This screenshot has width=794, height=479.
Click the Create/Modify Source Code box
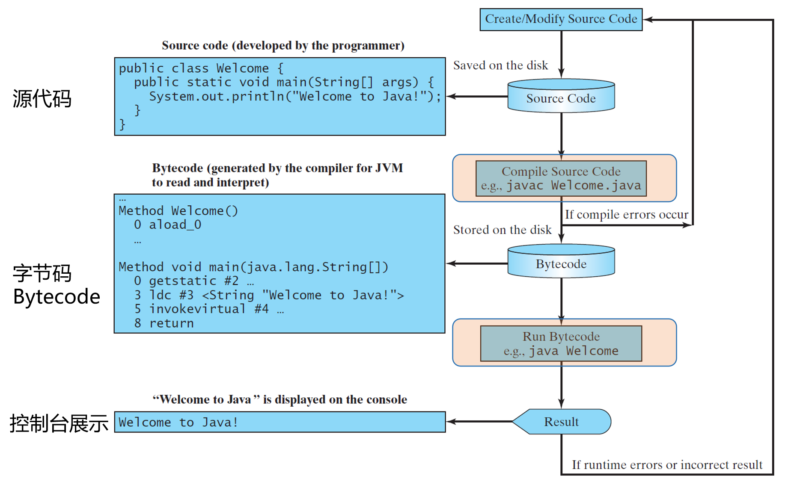tap(561, 19)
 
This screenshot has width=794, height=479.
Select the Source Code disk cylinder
tap(561, 98)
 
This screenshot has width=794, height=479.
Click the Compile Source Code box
tap(561, 178)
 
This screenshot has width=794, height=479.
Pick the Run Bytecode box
tap(561, 343)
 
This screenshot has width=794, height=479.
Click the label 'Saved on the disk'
tap(500, 65)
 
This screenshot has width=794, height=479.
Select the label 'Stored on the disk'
tap(502, 230)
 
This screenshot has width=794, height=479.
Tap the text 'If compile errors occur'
tap(626, 215)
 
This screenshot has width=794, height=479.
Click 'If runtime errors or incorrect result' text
tap(667, 465)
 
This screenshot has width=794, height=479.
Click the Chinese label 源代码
tap(42, 99)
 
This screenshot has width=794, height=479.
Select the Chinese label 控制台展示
tap(59, 423)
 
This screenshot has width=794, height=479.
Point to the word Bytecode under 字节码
tap(57, 297)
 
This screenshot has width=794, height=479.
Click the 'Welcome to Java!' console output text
tap(178, 423)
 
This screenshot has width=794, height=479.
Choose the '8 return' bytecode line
tap(164, 323)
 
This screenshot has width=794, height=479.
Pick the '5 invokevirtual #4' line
tap(201, 309)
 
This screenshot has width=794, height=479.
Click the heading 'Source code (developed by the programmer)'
tap(283, 45)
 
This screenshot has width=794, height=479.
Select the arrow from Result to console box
tap(479, 422)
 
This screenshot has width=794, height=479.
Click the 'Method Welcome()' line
tap(178, 211)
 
